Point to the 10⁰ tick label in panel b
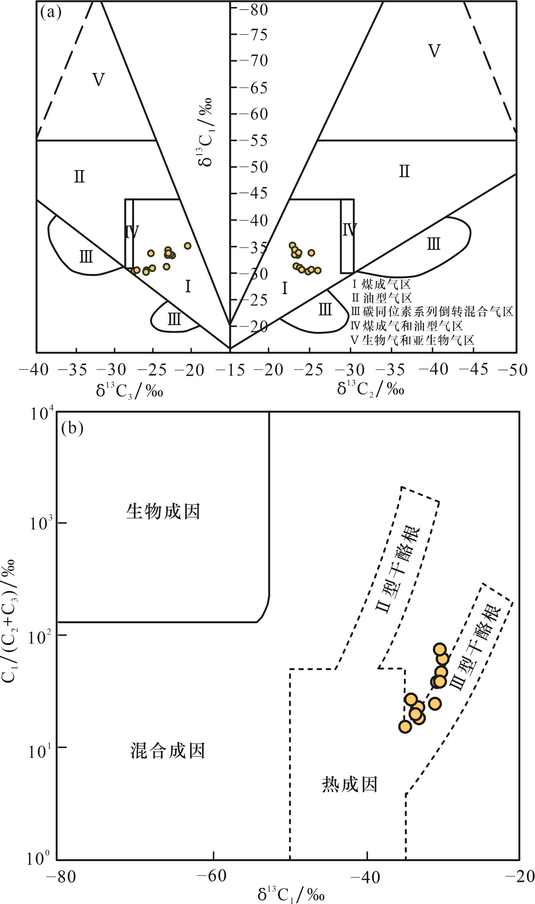coord(40,859)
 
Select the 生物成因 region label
coord(163,512)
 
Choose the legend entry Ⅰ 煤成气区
coord(381,284)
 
